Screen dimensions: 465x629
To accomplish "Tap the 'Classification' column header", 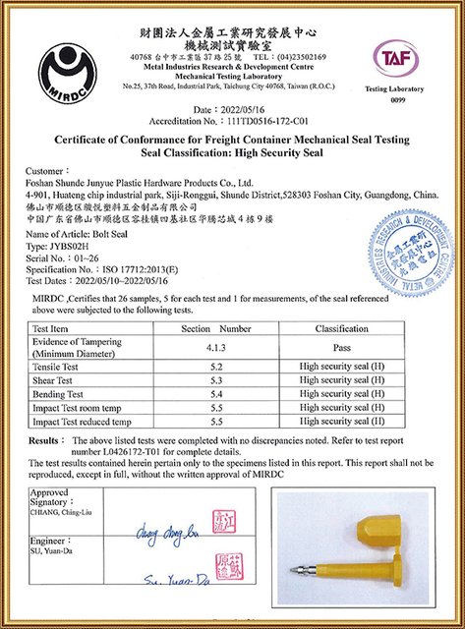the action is tap(341, 328).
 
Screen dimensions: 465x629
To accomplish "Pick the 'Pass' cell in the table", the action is tap(341, 347).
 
